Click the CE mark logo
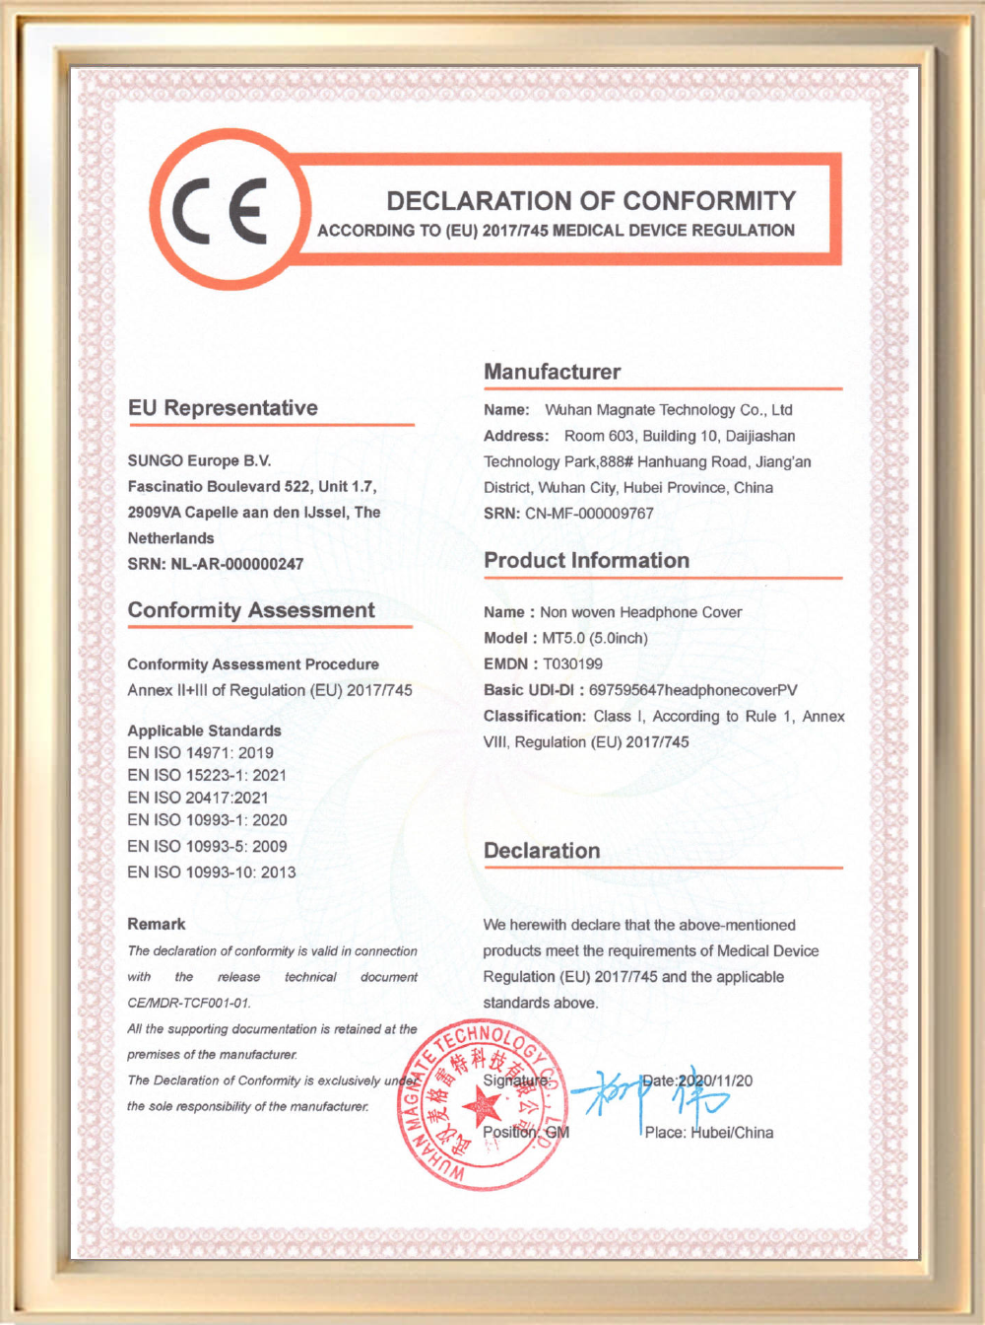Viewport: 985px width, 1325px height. point(222,210)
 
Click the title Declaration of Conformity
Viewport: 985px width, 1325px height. point(591,201)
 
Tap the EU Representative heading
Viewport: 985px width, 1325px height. point(223,408)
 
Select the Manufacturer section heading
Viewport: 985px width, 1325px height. point(552,372)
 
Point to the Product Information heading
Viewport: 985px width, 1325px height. point(586,560)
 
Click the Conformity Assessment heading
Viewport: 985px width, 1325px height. point(251,610)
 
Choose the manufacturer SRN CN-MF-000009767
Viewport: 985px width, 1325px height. point(589,513)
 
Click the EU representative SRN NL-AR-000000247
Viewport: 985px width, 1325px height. point(236,564)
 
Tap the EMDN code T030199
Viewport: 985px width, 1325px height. point(572,663)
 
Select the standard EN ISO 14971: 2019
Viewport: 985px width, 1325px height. point(200,752)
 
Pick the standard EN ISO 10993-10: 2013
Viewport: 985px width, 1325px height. point(211,872)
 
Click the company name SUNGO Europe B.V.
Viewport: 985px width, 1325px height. point(199,460)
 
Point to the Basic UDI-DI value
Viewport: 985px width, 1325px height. point(692,690)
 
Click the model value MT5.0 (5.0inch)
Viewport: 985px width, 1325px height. point(595,638)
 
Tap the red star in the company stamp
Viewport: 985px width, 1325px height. point(481,1106)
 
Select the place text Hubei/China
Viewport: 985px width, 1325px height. point(731,1133)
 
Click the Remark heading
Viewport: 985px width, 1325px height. point(156,924)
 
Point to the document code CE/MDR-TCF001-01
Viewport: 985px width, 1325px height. point(189,1003)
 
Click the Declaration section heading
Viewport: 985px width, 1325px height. point(542,851)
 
